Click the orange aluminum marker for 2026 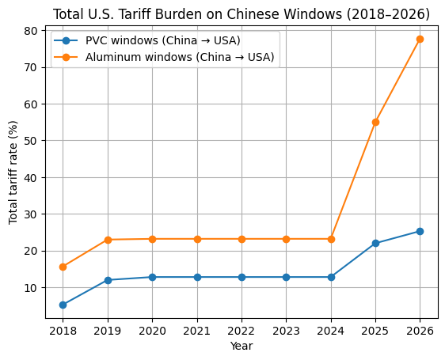tap(420, 39)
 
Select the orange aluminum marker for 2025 tap(375, 122)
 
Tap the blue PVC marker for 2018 tap(63, 305)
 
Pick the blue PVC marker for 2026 tap(420, 231)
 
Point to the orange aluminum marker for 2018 tap(63, 267)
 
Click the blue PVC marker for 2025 tap(375, 243)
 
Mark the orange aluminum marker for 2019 tap(108, 240)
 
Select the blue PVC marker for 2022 tap(242, 277)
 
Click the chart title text tap(242, 14)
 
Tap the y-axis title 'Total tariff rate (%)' tap(13, 172)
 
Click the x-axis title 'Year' tap(242, 346)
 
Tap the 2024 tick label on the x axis tap(331, 330)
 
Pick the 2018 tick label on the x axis tap(63, 330)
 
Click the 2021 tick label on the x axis tap(197, 330)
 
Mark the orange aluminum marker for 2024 tap(331, 239)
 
